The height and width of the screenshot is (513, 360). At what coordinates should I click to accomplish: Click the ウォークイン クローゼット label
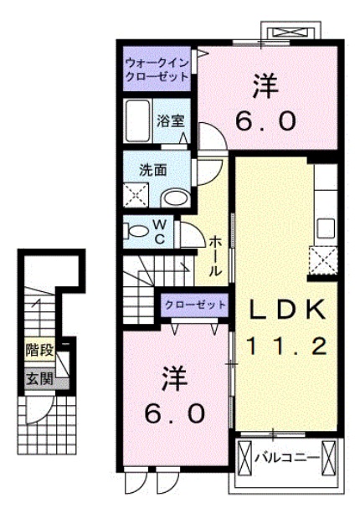coord(157,68)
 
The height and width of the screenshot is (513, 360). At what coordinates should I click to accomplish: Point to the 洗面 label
coord(152,168)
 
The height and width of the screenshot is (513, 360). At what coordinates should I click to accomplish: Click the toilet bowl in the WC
coord(131,231)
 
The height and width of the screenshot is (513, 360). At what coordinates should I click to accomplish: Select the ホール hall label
coord(214,256)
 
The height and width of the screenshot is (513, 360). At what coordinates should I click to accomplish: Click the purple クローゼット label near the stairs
coord(194,305)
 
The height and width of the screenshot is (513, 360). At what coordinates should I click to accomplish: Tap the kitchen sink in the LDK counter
coord(325,227)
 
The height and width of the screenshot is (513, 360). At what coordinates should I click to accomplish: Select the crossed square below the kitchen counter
coord(322,260)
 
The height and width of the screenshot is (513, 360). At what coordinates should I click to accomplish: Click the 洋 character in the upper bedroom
coord(265,85)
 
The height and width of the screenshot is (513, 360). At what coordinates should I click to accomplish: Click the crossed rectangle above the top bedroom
coord(290,33)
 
